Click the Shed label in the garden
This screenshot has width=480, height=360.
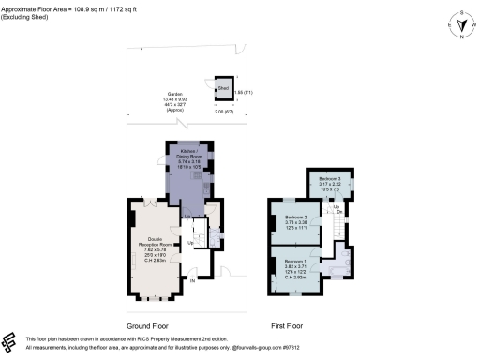[x=223, y=89]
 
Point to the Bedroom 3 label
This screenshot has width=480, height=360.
[x=330, y=182]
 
